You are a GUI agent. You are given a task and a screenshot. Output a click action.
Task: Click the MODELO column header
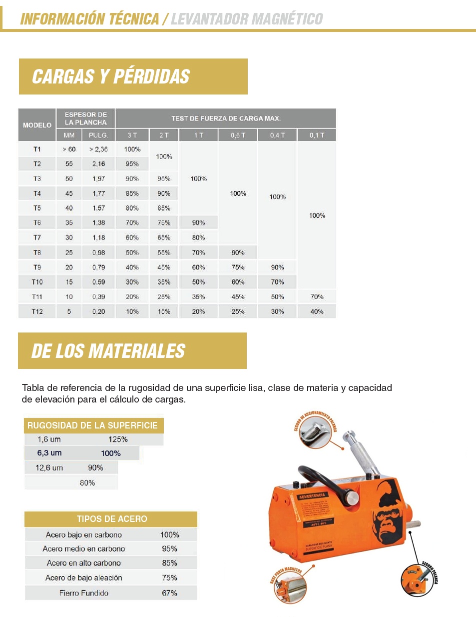point(37,125)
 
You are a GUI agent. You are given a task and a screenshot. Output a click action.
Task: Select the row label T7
point(37,237)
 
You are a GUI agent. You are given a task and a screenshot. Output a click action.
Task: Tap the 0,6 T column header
point(238,135)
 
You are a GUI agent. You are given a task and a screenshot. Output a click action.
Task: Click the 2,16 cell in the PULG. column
point(98,163)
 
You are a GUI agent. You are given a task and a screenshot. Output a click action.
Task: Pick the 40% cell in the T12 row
point(317,311)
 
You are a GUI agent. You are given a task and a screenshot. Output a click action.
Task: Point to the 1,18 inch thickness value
point(98,237)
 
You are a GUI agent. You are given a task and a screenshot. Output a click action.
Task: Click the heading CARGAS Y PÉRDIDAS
point(111,76)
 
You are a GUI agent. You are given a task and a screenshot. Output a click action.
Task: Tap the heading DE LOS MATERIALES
point(108,351)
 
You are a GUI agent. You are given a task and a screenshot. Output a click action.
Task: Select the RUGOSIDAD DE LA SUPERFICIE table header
point(92,425)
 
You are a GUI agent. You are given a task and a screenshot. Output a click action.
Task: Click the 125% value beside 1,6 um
point(118,439)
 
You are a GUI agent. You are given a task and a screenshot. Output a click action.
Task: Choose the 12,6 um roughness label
point(49,468)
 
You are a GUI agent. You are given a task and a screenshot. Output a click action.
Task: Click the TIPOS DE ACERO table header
point(112,519)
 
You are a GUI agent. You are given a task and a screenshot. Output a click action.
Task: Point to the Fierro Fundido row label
point(84,593)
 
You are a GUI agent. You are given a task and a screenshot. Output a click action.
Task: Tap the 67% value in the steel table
point(169,593)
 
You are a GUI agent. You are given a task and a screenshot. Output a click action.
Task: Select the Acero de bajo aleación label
point(84,578)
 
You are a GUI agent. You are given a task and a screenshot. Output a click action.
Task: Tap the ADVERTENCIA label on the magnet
point(312,496)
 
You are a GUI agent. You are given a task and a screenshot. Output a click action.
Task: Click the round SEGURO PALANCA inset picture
point(417,580)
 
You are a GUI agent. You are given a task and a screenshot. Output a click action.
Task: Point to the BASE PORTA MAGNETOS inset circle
point(290,587)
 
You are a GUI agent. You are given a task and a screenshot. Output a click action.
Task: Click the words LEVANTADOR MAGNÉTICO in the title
point(247,19)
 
